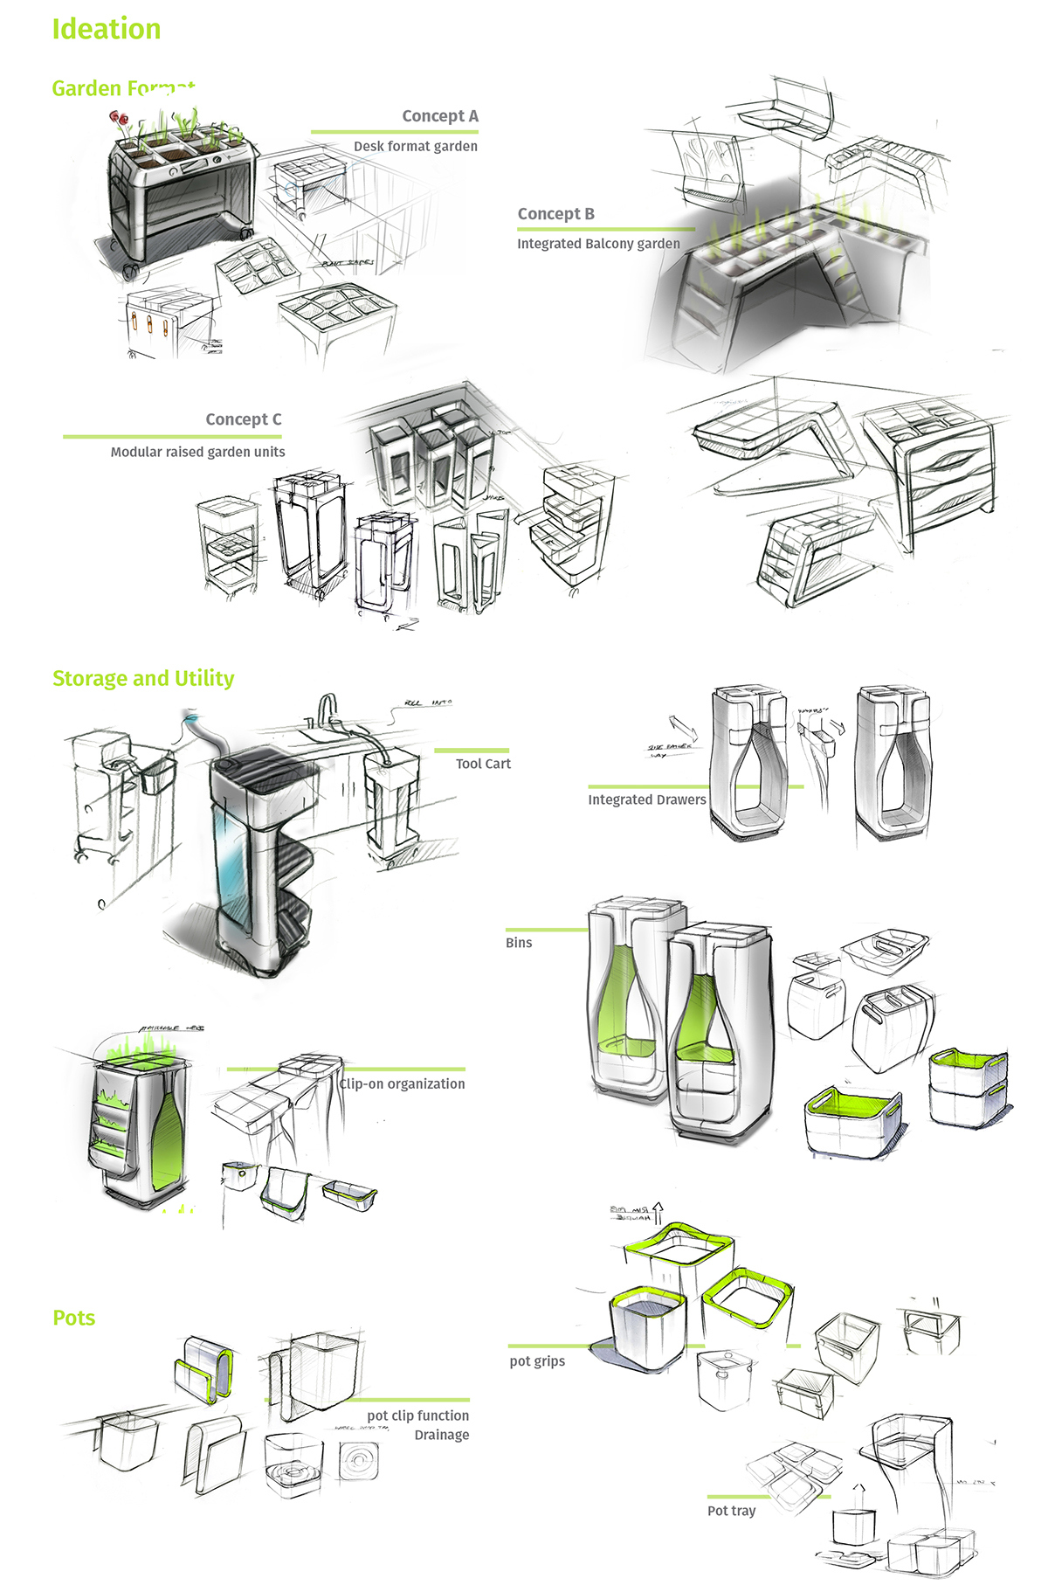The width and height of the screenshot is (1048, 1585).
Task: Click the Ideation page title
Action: point(106,29)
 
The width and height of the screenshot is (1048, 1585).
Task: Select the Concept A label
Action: point(439,116)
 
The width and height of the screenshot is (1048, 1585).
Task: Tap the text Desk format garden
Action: point(415,147)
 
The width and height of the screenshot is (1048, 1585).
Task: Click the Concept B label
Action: point(555,214)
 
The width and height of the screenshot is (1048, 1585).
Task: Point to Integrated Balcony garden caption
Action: point(598,244)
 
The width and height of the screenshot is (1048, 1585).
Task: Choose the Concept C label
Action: point(243,419)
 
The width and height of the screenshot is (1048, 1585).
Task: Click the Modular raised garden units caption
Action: point(197,452)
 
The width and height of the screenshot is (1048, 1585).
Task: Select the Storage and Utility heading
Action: point(143,679)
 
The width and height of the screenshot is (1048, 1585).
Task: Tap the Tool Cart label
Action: point(483,764)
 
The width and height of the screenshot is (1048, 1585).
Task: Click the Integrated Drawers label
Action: point(646,799)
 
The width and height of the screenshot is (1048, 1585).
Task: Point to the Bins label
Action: point(519,943)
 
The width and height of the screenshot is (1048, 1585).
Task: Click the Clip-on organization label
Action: point(403,1083)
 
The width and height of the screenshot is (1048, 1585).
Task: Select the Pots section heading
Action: point(74,1318)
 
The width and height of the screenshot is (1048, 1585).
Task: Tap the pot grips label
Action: point(537,1361)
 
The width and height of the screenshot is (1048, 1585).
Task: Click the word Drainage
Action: point(441,1435)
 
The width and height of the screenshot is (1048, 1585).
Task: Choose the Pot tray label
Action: point(731,1511)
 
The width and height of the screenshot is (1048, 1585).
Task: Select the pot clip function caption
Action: point(417,1415)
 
